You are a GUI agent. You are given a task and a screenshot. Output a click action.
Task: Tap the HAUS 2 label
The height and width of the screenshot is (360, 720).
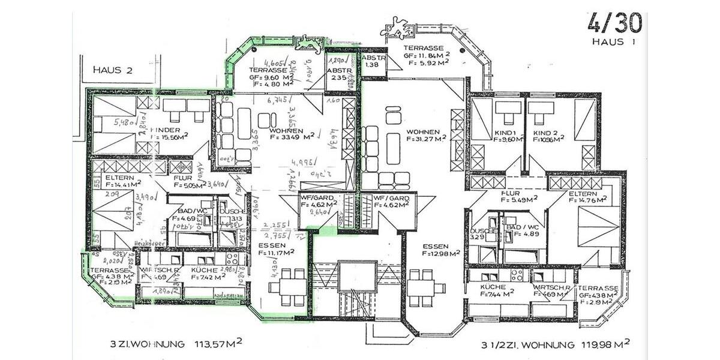click(112, 70)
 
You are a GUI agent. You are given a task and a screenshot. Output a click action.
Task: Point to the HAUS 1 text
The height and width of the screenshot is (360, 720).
click(613, 42)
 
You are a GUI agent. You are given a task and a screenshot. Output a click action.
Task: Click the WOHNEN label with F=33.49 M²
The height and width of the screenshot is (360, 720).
click(286, 131)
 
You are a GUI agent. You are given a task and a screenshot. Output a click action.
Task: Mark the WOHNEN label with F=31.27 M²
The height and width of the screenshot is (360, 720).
click(424, 132)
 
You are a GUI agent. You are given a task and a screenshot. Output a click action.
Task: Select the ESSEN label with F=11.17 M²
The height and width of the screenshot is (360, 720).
click(273, 246)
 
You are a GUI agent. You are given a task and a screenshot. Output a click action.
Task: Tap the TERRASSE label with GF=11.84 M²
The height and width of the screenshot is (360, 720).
click(424, 48)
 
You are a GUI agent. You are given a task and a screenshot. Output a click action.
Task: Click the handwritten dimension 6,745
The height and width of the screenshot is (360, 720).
click(278, 100)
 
